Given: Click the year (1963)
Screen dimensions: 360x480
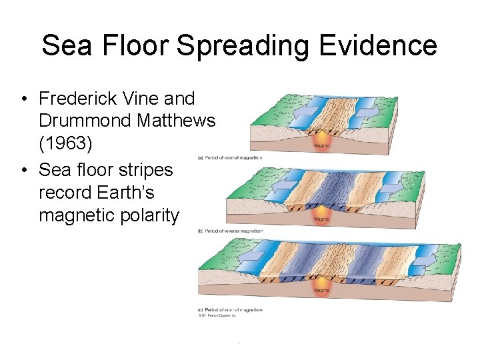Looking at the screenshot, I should coord(65,143).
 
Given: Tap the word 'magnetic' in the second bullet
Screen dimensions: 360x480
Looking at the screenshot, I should coord(73,215).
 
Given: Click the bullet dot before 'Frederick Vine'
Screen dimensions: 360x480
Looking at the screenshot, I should coord(23,99).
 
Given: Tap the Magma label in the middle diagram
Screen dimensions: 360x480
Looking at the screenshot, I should coord(321,218).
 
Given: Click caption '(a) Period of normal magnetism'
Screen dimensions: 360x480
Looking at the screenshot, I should coord(230,157).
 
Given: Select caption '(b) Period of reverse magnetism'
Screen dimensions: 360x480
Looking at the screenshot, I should coord(231,231).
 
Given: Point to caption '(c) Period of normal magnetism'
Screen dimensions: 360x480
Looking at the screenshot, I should coord(230,309).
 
